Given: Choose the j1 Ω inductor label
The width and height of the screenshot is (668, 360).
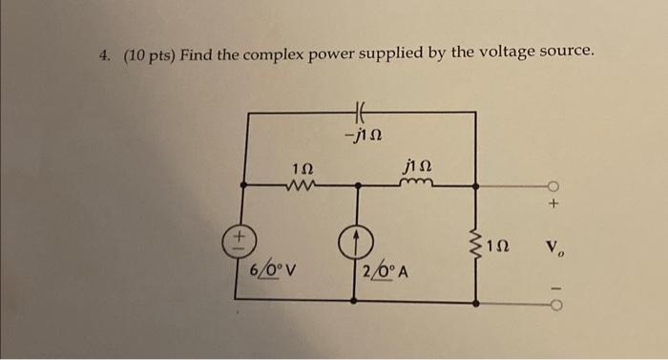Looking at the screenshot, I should coord(417,166).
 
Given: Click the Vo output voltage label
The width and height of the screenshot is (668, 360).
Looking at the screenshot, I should coord(557,252).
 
